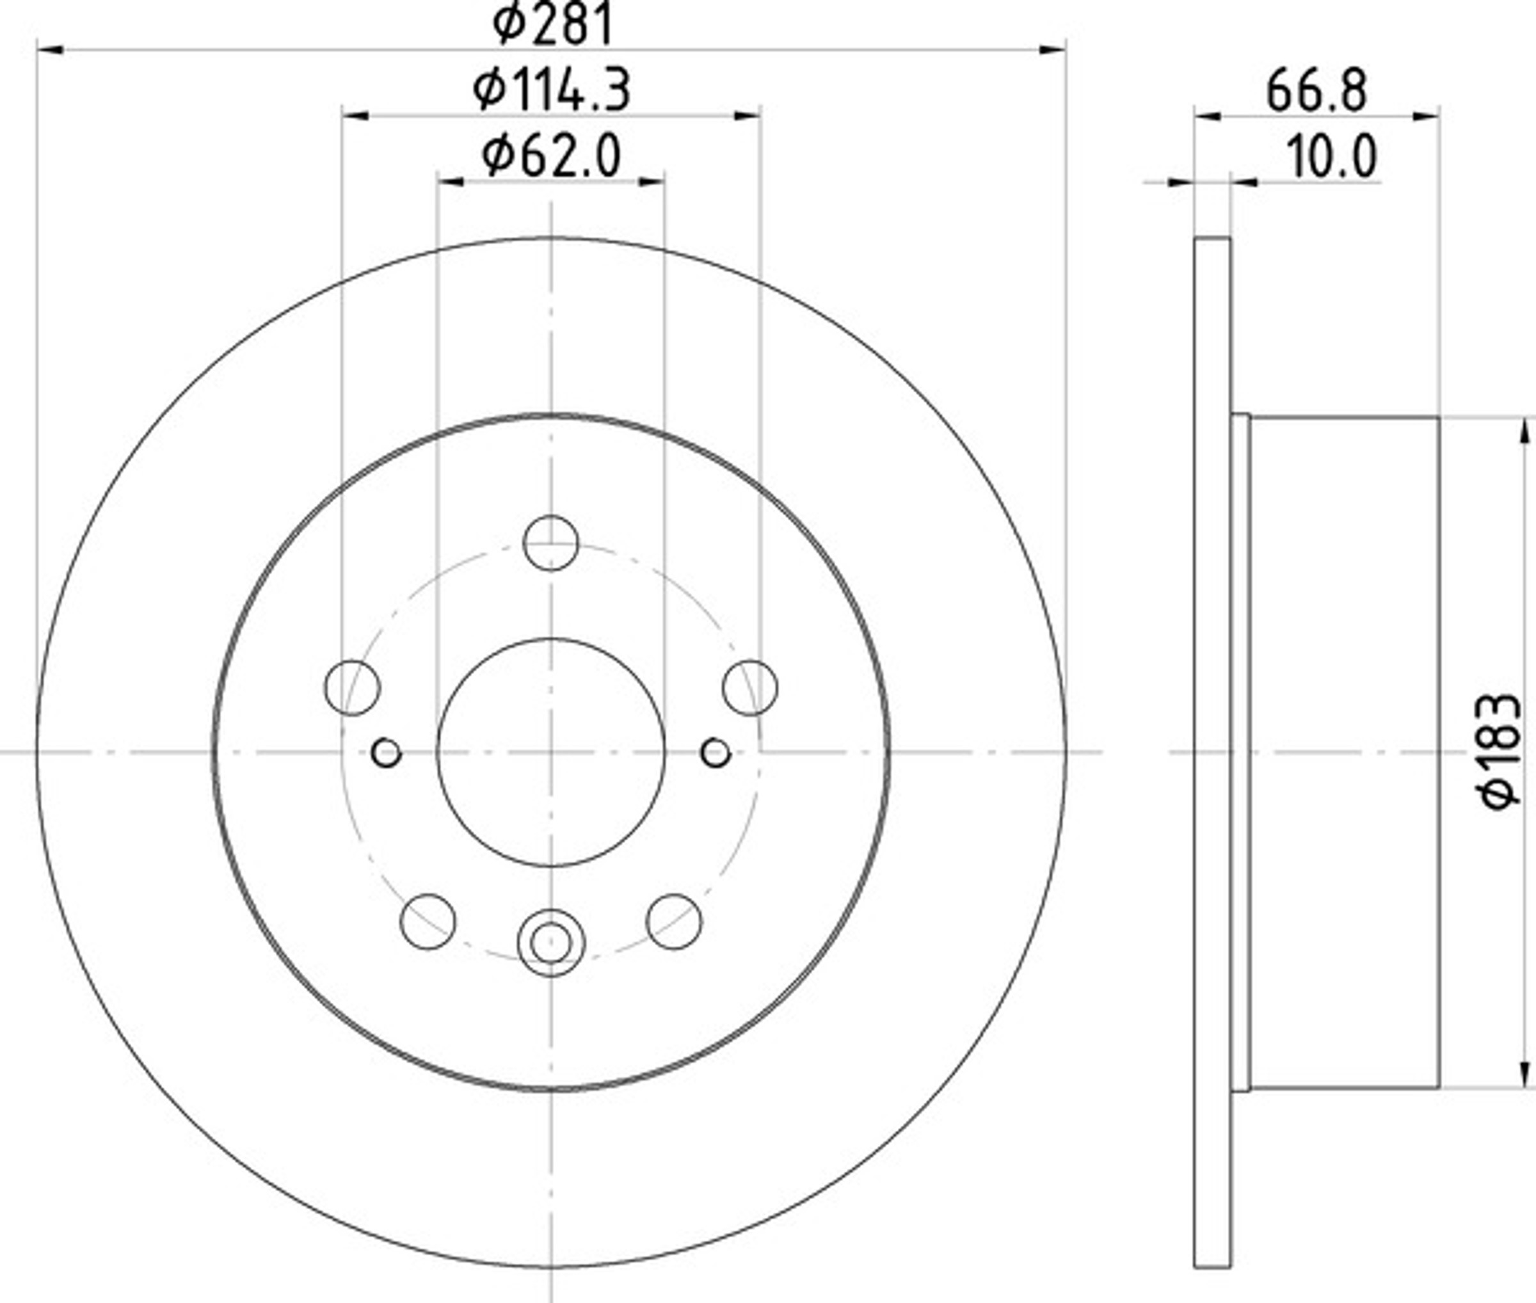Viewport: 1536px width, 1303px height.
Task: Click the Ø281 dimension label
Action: click(x=552, y=24)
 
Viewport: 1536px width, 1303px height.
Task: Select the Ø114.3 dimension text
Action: click(x=552, y=90)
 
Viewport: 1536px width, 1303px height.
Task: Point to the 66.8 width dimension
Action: click(x=1316, y=91)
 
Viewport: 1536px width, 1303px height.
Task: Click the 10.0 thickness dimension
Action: click(x=1332, y=157)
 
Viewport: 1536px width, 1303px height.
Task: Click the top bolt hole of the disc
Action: click(x=550, y=543)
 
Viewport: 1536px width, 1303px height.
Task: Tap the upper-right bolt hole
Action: click(x=750, y=688)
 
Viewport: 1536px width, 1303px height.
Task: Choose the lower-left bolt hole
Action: click(x=428, y=921)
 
